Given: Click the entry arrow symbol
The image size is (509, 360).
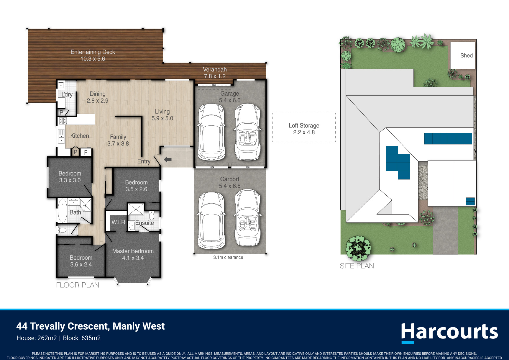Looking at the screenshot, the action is pos(168,160).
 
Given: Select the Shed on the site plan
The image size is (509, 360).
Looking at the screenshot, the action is pos(463,55).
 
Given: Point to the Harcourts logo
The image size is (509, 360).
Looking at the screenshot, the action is pos(449,333).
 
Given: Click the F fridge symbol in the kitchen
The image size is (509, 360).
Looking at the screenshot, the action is pos(86,152).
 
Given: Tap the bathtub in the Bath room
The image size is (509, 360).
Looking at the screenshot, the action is pos(62,210).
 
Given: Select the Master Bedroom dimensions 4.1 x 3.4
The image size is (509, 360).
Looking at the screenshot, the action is pos(133,258).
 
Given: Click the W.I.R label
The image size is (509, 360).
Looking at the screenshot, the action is pos(118,222).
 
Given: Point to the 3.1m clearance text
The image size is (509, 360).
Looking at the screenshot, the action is pos(228,257).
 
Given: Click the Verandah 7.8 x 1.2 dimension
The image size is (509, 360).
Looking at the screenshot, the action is pos(215,76).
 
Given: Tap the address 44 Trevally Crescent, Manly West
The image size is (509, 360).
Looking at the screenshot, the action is pos(91,326).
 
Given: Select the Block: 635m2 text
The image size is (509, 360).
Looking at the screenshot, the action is pos(82,338).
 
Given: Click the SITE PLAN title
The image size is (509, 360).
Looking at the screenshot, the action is pos(357,266).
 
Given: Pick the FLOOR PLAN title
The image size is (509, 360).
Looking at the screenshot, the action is pos(78,285).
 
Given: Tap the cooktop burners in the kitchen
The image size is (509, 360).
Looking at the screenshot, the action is pos(63,121).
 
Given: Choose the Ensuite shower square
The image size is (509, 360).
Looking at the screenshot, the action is pos(136,209).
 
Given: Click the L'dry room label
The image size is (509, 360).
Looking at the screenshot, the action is pos(67,94).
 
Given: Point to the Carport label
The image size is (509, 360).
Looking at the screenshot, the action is pos(230,179).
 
